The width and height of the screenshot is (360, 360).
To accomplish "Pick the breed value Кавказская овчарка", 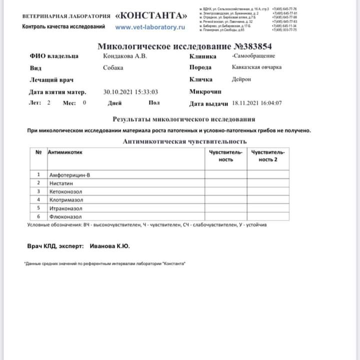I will point(256,67).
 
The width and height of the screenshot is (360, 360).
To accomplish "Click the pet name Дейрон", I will point(242,79).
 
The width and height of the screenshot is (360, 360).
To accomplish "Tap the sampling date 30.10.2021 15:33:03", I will point(130,92).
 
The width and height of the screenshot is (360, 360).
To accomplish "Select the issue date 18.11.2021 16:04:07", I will point(257,103).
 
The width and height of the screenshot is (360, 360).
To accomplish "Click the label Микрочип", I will point(206,92).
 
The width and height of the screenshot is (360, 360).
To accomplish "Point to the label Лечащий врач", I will point(51,80).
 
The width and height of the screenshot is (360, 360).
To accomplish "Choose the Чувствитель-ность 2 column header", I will point(268,155).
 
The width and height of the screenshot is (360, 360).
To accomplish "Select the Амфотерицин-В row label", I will point(70,175).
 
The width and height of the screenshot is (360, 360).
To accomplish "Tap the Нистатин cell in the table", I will point(61,183).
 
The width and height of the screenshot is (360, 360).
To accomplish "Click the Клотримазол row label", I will point(66,200).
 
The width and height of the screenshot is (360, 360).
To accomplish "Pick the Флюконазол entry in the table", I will point(65,217).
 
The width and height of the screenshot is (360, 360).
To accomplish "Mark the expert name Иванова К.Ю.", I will point(110,246).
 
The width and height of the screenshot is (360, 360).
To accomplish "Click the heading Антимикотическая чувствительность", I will point(184,141).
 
